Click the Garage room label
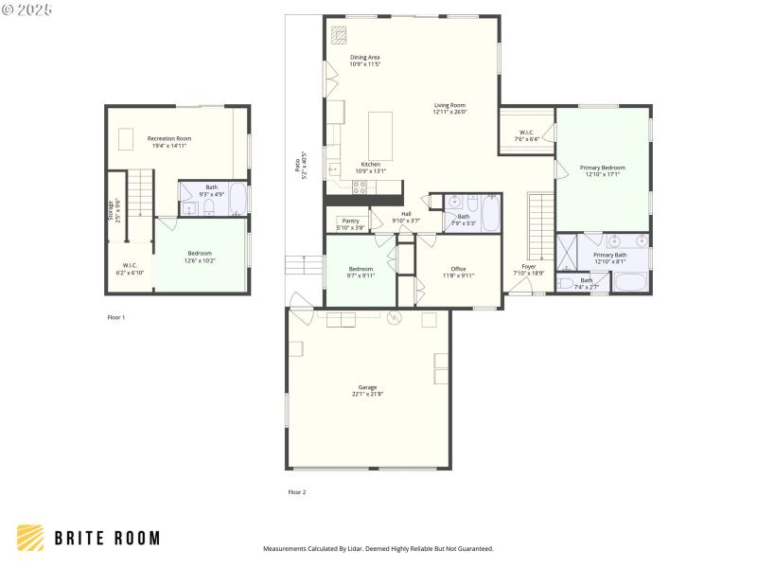click(x=367, y=390)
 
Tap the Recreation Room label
click(x=169, y=142)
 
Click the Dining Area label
click(x=364, y=61)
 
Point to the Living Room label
click(x=449, y=108)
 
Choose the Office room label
click(x=458, y=272)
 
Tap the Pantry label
click(x=350, y=223)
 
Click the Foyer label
click(x=528, y=270)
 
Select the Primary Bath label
click(x=609, y=257)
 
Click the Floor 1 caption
click(x=115, y=317)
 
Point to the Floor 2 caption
click(x=297, y=492)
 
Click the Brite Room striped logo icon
click(x=30, y=538)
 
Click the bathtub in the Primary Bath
click(x=631, y=282)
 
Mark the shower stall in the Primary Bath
click(x=567, y=253)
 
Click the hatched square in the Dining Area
click(x=339, y=33)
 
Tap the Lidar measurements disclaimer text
click(x=378, y=548)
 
